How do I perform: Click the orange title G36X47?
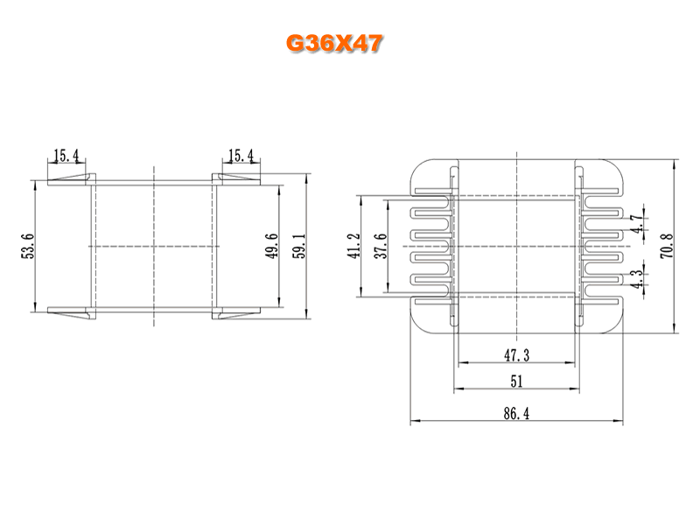pyautogui.click(x=334, y=43)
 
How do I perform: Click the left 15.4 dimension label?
pyautogui.click(x=66, y=156)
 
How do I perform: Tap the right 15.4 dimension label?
pyautogui.click(x=241, y=156)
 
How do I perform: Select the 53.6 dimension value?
pyautogui.click(x=28, y=246)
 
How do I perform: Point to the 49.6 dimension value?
pyautogui.click(x=271, y=246)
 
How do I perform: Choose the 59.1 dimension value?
pyautogui.click(x=298, y=246)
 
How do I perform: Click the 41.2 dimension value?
pyautogui.click(x=353, y=246)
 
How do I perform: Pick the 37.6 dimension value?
pyautogui.click(x=381, y=246)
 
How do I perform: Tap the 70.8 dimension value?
pyautogui.click(x=667, y=246)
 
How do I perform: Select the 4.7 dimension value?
pyautogui.click(x=637, y=224)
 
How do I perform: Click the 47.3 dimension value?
pyautogui.click(x=517, y=355)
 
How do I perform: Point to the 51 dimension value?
pyautogui.click(x=516, y=381)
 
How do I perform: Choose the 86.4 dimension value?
pyautogui.click(x=516, y=413)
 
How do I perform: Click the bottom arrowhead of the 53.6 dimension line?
pyautogui.click(x=35, y=307)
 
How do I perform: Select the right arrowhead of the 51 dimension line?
pyautogui.click(x=575, y=388)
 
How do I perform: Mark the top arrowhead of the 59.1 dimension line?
pyautogui.click(x=306, y=178)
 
